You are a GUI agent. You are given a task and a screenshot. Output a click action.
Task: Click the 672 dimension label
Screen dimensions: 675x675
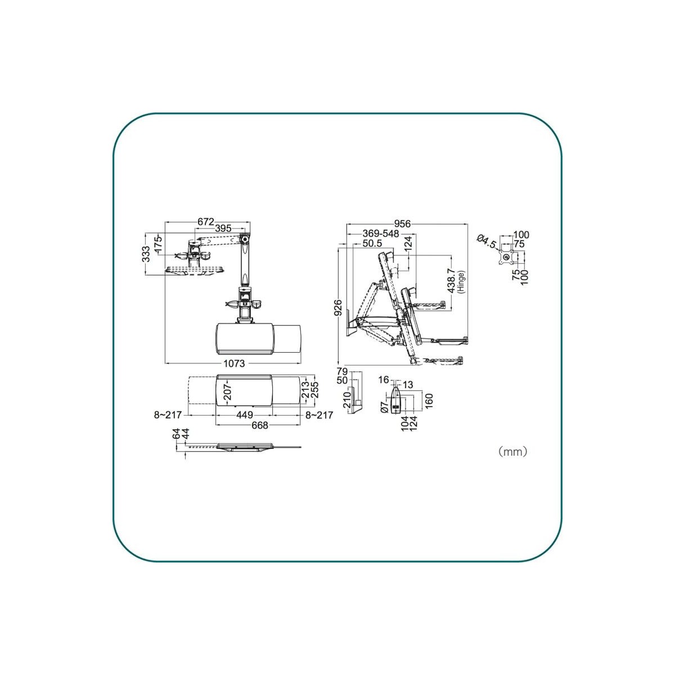coord(206,222)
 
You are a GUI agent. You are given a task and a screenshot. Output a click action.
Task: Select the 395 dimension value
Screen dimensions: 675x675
coord(223,228)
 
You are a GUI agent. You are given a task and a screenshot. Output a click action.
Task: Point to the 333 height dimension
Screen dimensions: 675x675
coord(146,254)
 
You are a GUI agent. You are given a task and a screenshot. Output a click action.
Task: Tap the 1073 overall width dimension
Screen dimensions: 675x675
coord(235,363)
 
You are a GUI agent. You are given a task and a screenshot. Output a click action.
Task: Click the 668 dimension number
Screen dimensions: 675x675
coord(259,425)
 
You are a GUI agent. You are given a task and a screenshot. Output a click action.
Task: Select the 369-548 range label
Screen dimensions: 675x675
coord(380,233)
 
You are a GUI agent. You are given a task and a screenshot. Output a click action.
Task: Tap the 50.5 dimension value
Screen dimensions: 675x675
coord(372,244)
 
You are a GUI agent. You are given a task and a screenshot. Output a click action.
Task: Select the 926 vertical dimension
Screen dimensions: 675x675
coord(338,309)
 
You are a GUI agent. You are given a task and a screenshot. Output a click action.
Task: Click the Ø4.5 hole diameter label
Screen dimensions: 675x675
coord(487,241)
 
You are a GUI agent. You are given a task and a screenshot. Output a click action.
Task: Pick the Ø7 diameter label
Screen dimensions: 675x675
coord(384,407)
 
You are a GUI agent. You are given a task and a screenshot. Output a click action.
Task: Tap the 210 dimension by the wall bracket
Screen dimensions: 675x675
coord(346,399)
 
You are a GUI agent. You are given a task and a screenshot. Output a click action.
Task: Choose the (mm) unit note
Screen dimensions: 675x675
coord(512,451)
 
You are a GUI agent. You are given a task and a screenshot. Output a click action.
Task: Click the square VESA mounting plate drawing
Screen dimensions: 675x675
coord(507,258)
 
